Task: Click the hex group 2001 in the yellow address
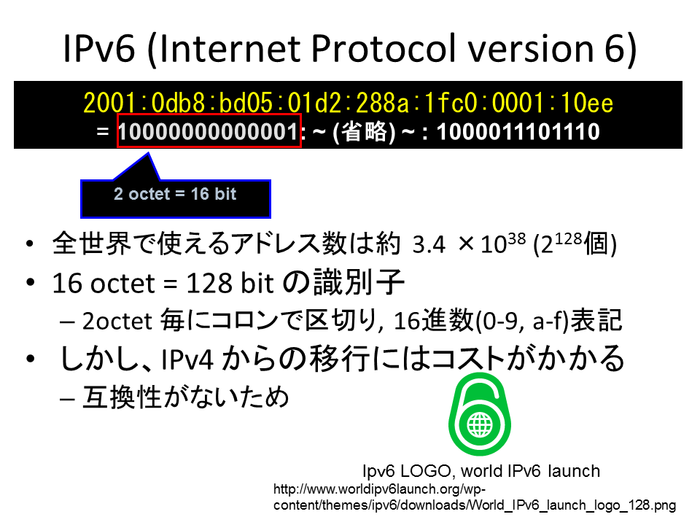tap(109, 103)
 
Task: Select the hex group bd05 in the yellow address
tap(246, 103)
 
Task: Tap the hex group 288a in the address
tap(383, 103)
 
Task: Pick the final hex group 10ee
tap(586, 103)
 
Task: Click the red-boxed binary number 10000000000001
tap(209, 132)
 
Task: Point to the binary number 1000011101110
tap(518, 132)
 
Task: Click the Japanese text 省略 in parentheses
tap(364, 132)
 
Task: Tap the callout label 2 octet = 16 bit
tap(175, 194)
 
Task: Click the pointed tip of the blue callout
tap(148, 154)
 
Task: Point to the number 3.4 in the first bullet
tap(429, 244)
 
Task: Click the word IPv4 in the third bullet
tap(187, 359)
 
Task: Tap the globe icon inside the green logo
tap(480, 424)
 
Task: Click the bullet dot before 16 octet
tap(31, 283)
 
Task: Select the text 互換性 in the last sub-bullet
tap(122, 397)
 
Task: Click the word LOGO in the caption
tap(425, 471)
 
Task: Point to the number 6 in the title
tap(617, 48)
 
